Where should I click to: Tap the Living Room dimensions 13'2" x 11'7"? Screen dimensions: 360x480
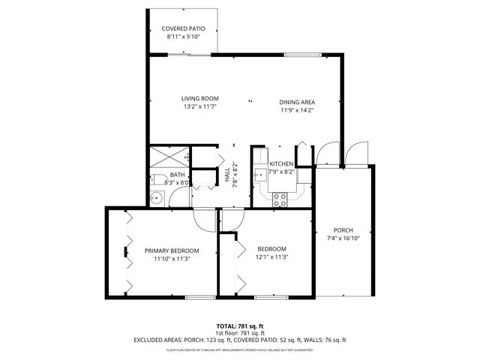tap(200, 107)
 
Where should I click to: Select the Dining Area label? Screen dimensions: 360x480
tap(296, 101)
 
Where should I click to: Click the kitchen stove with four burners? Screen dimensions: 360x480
tap(280, 199)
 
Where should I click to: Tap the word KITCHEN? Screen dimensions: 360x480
tap(281, 163)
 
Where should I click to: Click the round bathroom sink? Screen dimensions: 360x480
tap(156, 198)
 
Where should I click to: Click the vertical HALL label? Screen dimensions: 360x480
tap(227, 175)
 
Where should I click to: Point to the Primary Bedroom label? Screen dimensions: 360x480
tap(172, 250)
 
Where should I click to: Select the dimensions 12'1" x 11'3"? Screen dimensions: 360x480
tap(272, 258)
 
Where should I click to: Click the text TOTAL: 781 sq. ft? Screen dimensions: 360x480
tap(240, 325)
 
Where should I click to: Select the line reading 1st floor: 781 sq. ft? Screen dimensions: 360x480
tap(240, 332)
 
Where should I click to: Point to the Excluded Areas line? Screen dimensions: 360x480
tap(240, 340)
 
